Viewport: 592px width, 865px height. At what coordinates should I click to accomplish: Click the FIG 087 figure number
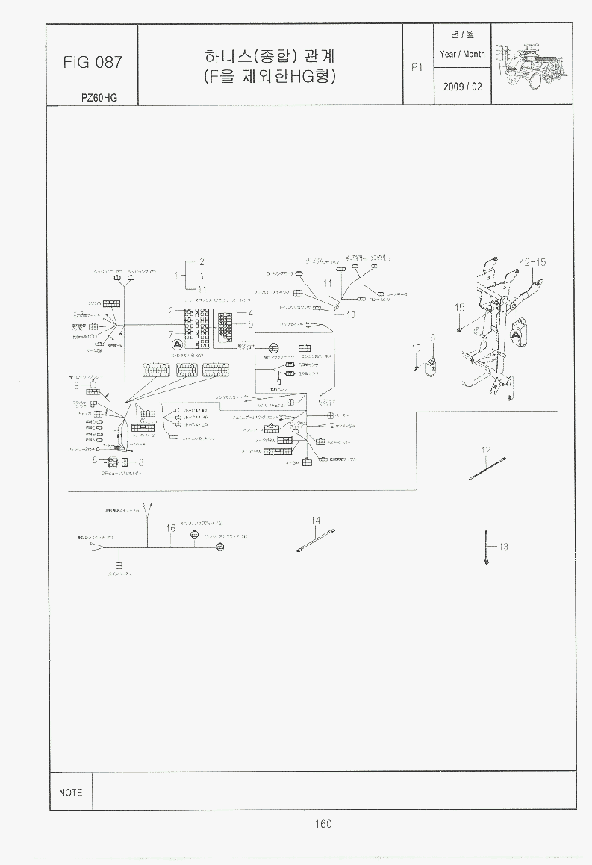tap(93, 62)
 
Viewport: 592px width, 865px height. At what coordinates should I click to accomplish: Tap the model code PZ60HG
tap(99, 98)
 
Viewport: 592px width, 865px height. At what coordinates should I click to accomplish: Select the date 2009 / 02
tap(462, 87)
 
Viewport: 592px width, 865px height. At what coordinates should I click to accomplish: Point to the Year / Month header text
tap(462, 54)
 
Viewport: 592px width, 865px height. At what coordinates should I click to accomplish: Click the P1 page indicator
tap(417, 66)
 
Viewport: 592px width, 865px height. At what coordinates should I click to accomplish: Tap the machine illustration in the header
tap(535, 65)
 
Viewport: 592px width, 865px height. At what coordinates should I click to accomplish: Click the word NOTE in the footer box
tap(71, 793)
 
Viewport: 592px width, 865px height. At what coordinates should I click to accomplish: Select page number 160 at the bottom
tap(323, 824)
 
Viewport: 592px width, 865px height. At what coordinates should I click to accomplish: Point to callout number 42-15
tap(532, 262)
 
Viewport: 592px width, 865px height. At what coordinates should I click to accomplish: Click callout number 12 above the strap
tap(486, 450)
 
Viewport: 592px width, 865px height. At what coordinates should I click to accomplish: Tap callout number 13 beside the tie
tap(503, 547)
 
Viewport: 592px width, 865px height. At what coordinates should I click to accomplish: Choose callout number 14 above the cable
tap(316, 520)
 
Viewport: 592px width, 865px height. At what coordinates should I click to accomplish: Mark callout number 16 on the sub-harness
tap(171, 528)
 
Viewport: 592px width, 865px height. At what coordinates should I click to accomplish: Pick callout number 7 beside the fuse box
tap(171, 333)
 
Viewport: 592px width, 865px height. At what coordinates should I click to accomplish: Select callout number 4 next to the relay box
tap(251, 313)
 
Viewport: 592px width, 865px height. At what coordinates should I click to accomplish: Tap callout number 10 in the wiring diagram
tap(351, 315)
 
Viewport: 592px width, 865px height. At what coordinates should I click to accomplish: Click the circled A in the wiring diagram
tap(177, 344)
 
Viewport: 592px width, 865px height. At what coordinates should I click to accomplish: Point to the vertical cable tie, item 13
tap(486, 548)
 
